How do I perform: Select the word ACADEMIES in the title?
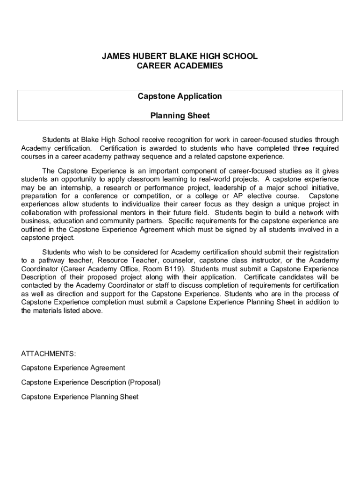click(201, 66)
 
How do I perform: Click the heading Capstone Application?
click(180, 96)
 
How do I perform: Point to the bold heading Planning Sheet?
click(180, 116)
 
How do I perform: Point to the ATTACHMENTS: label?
click(48, 353)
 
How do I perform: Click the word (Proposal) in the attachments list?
click(144, 382)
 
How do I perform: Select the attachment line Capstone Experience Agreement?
click(73, 368)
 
